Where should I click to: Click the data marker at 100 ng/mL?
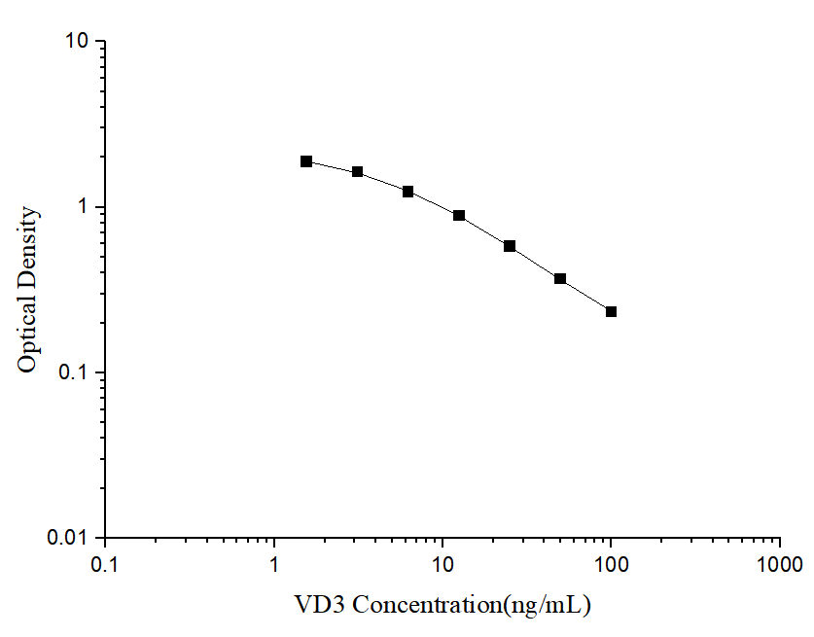click(611, 311)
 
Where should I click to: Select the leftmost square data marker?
click(306, 161)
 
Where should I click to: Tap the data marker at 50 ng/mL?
click(560, 278)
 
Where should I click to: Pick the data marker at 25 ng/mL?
click(510, 246)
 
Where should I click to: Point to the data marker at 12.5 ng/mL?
click(459, 215)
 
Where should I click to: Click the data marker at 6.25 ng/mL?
click(408, 192)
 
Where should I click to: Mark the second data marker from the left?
click(357, 172)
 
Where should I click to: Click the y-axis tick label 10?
click(77, 42)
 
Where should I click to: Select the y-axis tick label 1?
click(84, 207)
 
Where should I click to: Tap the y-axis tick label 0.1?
click(73, 372)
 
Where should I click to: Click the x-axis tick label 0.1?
click(105, 564)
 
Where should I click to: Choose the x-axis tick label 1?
click(274, 564)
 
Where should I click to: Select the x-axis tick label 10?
click(442, 564)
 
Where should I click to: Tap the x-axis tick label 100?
click(611, 564)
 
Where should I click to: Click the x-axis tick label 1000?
click(780, 564)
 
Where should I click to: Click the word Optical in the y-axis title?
click(28, 335)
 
